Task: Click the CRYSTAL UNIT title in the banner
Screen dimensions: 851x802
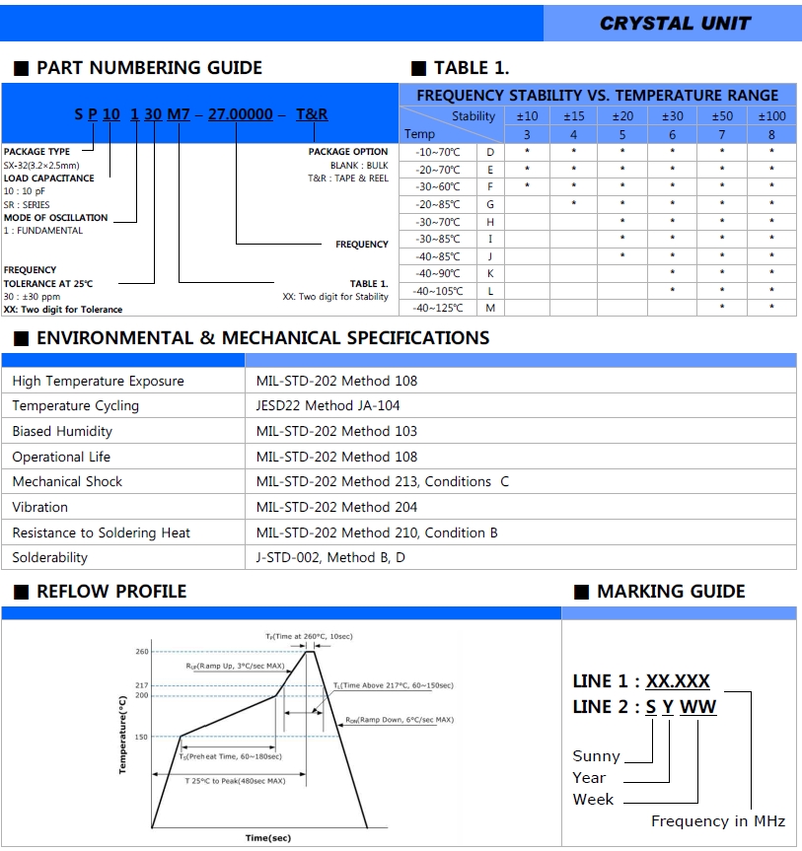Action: click(x=675, y=23)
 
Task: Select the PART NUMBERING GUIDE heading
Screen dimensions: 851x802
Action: click(x=149, y=68)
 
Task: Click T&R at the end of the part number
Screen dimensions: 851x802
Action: click(x=312, y=114)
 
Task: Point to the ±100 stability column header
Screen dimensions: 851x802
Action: click(x=771, y=116)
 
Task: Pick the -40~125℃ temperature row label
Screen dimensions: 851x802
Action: click(x=438, y=308)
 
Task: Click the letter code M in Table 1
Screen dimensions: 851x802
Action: click(x=490, y=308)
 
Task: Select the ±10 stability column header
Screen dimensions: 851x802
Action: click(x=527, y=116)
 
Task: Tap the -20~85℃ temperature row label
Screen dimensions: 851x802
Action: click(x=438, y=204)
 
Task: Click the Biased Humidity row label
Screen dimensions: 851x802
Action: click(x=62, y=431)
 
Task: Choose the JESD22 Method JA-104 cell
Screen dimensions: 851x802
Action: click(x=328, y=405)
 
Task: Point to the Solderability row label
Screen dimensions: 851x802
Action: click(x=49, y=557)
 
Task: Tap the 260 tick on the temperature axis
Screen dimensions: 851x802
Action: click(x=142, y=652)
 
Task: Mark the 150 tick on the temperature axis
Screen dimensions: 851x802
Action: click(x=142, y=737)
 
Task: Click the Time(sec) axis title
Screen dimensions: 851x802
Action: click(x=268, y=838)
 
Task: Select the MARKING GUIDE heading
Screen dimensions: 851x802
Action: click(x=671, y=592)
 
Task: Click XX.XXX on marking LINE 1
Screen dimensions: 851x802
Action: click(x=678, y=681)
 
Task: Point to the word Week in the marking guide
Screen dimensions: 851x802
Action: click(x=593, y=799)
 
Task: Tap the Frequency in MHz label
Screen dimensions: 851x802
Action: click(x=717, y=821)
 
